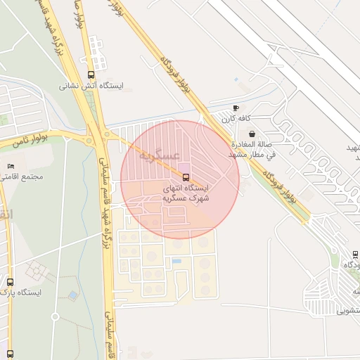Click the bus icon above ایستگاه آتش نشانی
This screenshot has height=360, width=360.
coord(91,75)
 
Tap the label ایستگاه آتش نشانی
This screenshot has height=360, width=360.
coord(91,86)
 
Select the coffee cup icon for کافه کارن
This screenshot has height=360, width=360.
coord(236,108)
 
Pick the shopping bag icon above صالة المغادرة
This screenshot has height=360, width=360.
coord(252,134)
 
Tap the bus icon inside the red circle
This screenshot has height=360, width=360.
coord(186,177)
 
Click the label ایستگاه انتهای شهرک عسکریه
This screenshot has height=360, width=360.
coord(186,193)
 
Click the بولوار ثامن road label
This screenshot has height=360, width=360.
coord(32,141)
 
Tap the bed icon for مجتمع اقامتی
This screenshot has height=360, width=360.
coord(10,166)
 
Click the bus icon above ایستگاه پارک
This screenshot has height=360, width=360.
coord(10,281)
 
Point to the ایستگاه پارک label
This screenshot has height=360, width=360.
coord(21,292)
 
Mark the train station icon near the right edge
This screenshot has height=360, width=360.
coord(355,255)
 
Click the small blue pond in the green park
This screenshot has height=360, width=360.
coord(73,296)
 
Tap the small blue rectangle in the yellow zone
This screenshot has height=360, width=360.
coord(176,262)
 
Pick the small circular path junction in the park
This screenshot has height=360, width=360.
coord(56,317)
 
